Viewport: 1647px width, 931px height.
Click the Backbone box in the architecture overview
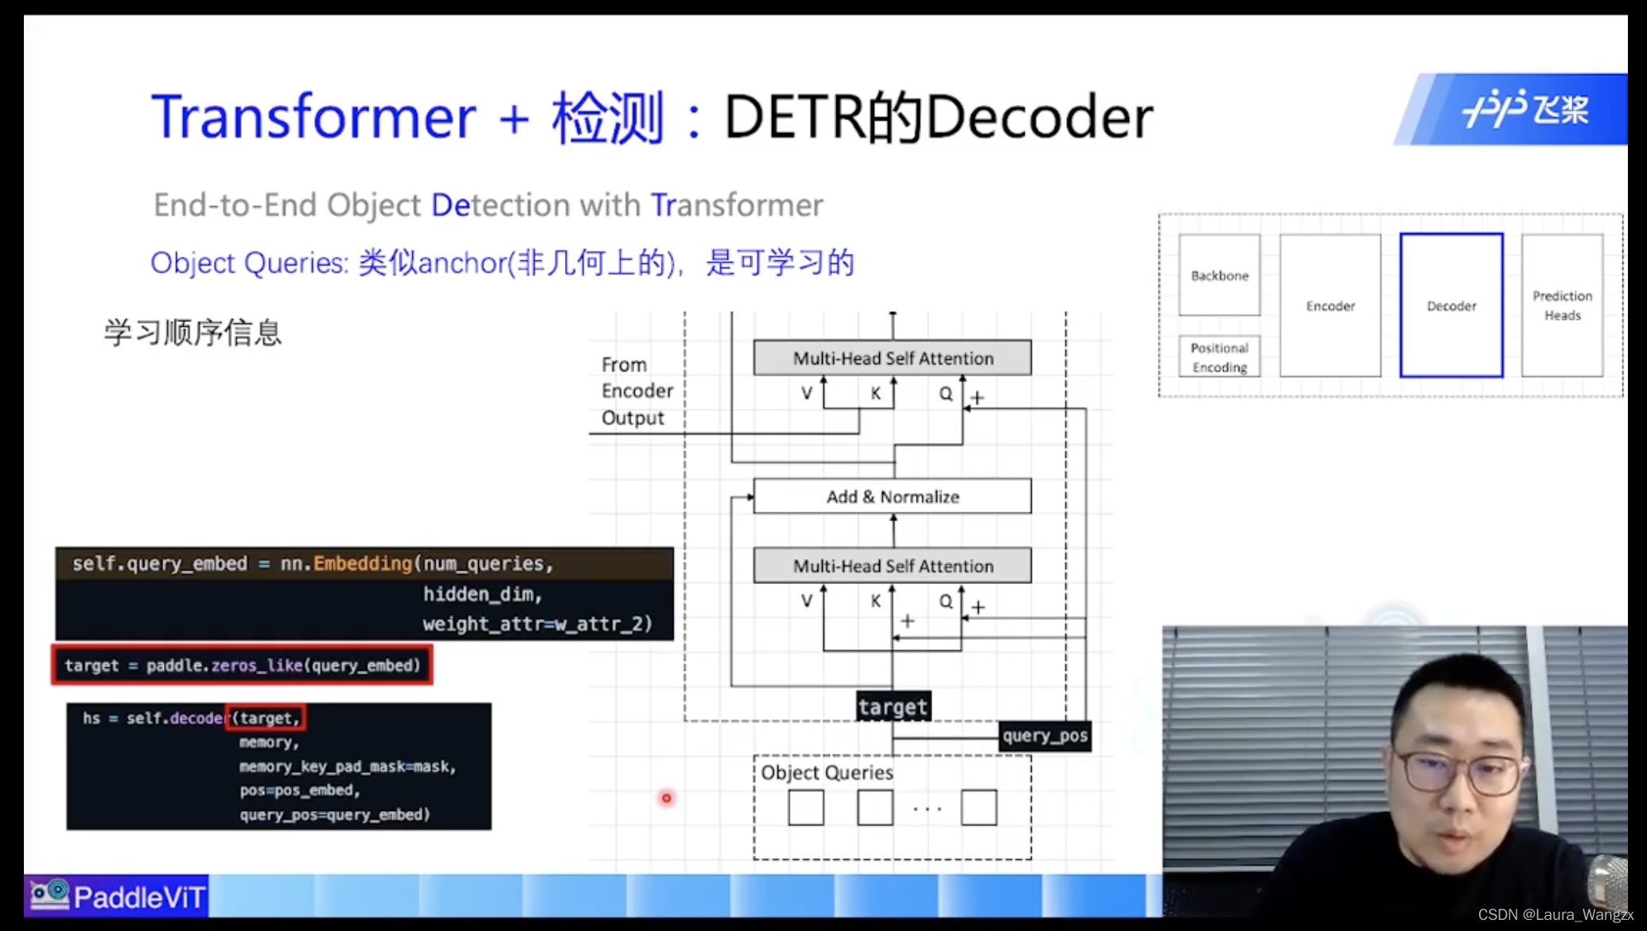coord(1219,275)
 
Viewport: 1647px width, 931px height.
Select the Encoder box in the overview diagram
coord(1330,306)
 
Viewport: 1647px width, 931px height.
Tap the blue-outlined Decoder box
coord(1451,306)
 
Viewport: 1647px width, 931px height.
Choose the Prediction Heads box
coord(1562,306)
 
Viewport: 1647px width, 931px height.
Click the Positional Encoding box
coord(1219,357)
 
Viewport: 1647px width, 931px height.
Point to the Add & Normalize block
coord(892,497)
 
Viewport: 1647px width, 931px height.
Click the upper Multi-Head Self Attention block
coord(892,358)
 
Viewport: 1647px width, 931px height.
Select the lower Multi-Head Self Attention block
coord(892,566)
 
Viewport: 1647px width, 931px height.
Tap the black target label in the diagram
coord(893,707)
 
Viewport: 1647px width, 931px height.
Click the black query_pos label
coord(1045,736)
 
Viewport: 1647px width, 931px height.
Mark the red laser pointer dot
coord(667,797)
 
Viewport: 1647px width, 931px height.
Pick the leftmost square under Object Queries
coord(806,808)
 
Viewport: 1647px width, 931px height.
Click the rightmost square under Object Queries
coord(979,808)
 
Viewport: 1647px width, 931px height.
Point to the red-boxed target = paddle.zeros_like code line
coord(242,665)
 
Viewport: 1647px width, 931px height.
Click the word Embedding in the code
coord(363,563)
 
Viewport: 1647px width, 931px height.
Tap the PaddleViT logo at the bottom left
coord(117,897)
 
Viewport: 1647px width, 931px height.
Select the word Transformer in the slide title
coord(313,117)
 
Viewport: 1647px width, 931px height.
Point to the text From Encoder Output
coord(637,391)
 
